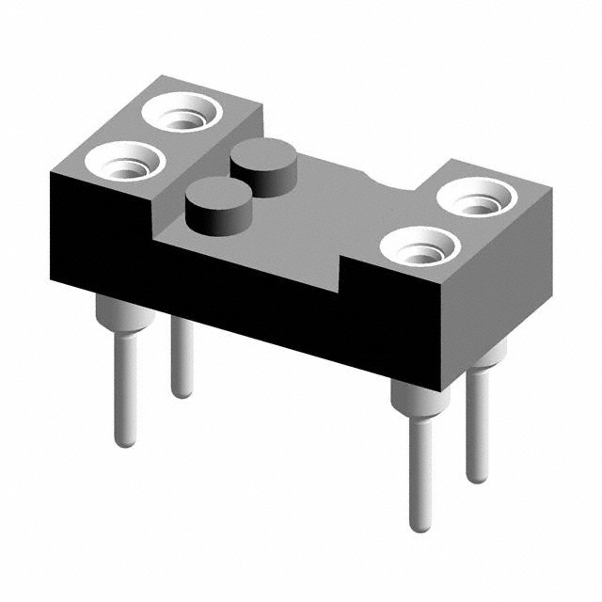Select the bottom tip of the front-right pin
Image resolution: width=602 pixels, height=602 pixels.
[420, 525]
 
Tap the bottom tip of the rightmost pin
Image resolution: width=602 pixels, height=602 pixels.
[477, 478]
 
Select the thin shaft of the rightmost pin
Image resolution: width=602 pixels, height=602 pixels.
[478, 423]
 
